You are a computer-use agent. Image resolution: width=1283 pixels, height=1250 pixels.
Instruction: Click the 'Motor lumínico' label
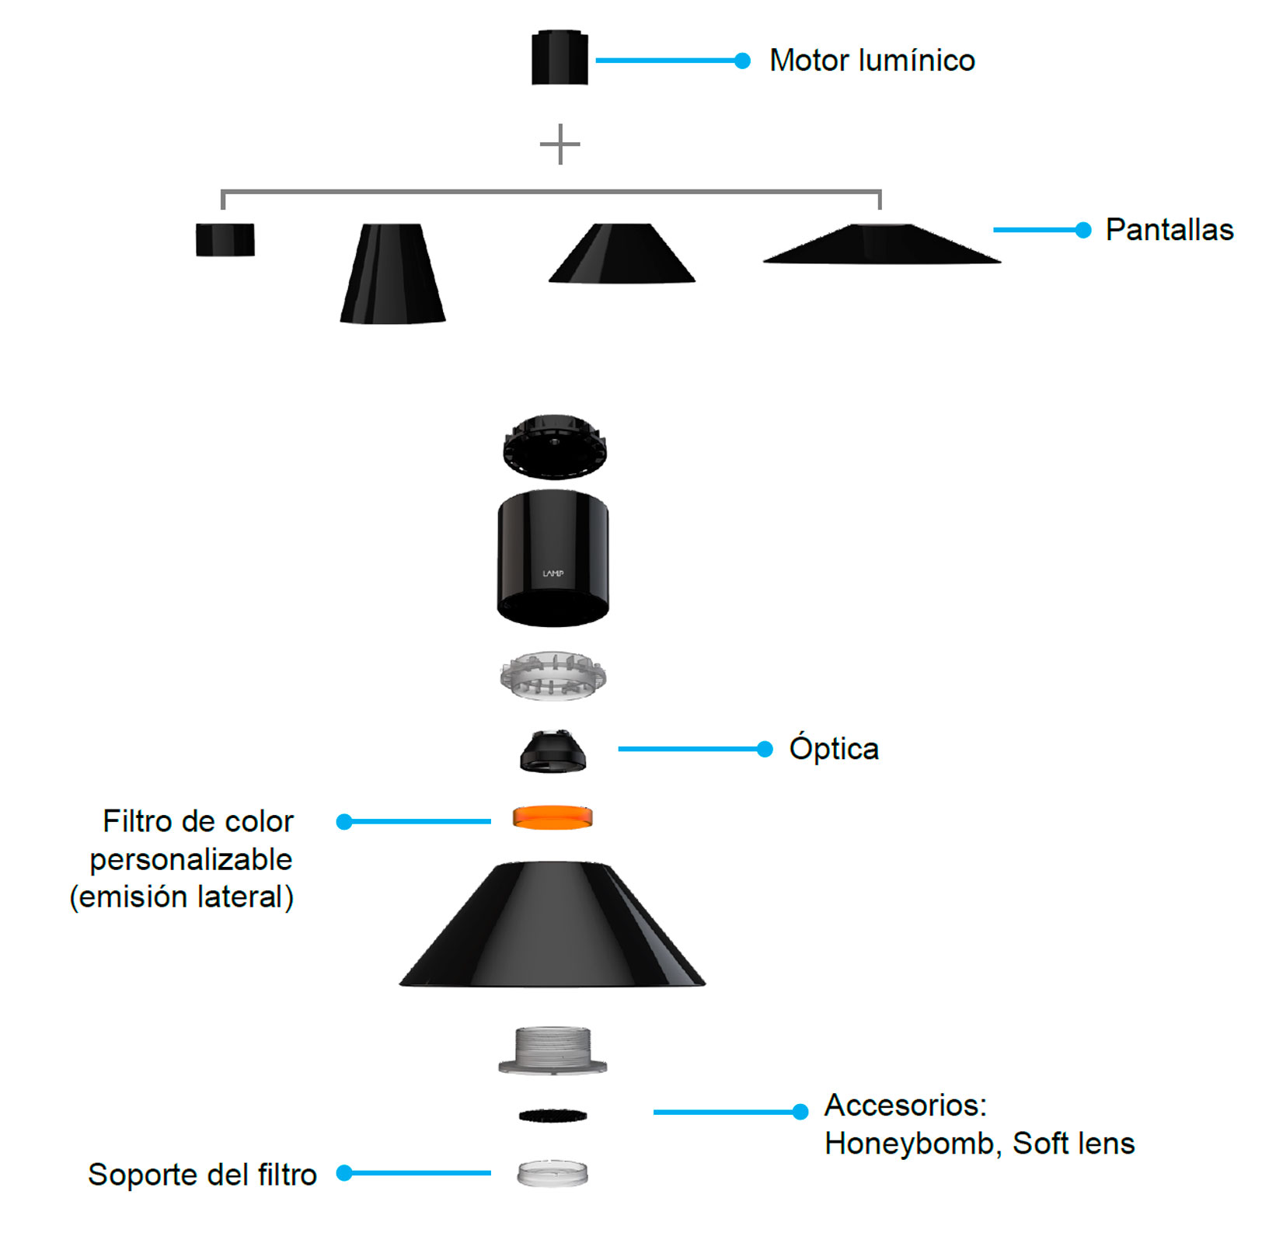tap(872, 61)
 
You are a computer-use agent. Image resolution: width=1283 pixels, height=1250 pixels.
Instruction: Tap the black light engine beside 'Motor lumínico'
tap(560, 57)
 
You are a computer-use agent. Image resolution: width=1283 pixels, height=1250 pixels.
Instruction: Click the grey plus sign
tap(560, 144)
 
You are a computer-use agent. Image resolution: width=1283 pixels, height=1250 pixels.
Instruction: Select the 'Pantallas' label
tap(1170, 230)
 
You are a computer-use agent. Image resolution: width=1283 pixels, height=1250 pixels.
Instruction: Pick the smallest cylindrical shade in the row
tap(225, 239)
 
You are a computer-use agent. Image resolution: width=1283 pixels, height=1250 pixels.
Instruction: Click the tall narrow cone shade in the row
tap(392, 273)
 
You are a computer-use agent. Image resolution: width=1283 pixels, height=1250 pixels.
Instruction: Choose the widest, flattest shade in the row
tap(882, 244)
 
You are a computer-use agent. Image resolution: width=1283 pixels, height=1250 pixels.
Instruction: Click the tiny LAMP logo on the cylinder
tap(553, 573)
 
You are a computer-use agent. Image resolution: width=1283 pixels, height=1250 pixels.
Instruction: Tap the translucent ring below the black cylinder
tap(553, 676)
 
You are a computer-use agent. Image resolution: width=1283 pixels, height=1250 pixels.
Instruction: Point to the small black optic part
tap(553, 751)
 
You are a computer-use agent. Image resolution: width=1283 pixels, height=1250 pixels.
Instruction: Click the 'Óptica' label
tap(834, 748)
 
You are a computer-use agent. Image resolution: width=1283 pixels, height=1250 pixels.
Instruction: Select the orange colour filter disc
tap(553, 817)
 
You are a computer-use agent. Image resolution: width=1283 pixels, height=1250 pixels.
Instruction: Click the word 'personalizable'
tap(191, 860)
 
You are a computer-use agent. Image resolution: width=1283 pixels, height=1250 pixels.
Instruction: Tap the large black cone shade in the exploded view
tap(553, 924)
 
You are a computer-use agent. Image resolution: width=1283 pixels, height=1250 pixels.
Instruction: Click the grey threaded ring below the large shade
tap(553, 1050)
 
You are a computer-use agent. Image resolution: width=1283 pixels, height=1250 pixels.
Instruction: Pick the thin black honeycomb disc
tap(553, 1116)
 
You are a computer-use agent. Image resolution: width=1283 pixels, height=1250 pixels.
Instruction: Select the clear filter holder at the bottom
tap(553, 1173)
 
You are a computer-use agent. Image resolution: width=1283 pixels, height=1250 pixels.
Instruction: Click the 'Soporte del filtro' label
tap(202, 1175)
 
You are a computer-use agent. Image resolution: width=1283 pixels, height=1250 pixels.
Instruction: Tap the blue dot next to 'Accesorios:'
tap(800, 1112)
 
